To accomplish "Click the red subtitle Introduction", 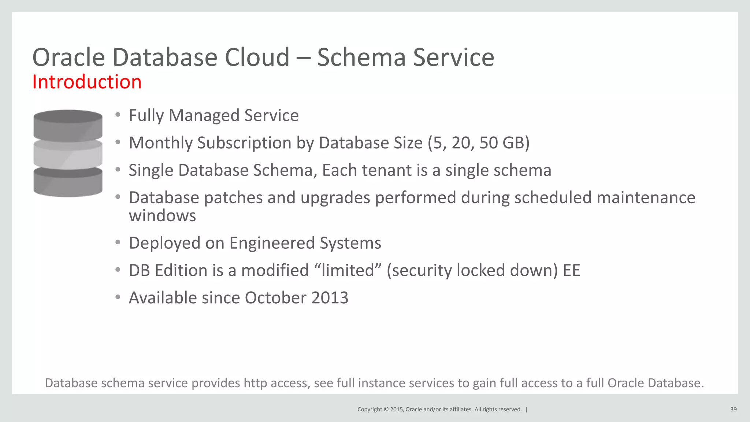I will (x=87, y=82).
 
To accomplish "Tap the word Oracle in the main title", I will (x=69, y=58).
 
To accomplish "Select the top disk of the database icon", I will (x=68, y=125).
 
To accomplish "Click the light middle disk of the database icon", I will (x=68, y=154).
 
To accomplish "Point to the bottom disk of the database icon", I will (x=68, y=182).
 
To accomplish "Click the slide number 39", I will (x=733, y=410).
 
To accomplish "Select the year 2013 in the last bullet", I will (x=330, y=297).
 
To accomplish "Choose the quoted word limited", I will (x=347, y=270).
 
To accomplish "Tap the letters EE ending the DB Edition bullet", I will (x=571, y=270).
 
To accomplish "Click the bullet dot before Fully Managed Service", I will (x=118, y=115).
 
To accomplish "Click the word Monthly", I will (x=160, y=143).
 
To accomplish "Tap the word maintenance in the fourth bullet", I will (x=646, y=198).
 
